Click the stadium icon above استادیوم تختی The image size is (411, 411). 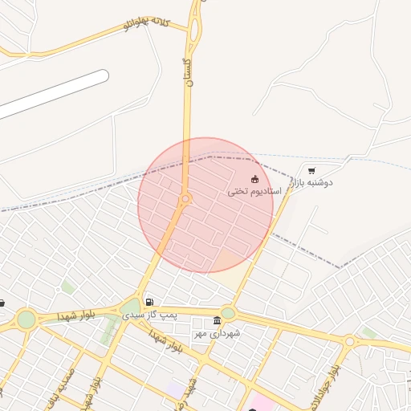click(255, 179)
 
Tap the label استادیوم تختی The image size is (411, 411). click(254, 192)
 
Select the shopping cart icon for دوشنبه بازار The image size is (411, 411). click(311, 170)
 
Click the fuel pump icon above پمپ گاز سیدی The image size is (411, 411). click(149, 302)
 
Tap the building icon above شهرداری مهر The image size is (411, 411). click(218, 320)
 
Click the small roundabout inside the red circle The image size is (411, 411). click(185, 198)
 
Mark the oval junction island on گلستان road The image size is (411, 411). click(195, 31)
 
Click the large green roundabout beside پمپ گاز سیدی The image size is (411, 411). click(130, 307)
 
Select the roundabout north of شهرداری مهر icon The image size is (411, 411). click(228, 313)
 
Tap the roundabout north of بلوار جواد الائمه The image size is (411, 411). click(349, 342)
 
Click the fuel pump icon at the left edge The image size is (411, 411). click(2, 303)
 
